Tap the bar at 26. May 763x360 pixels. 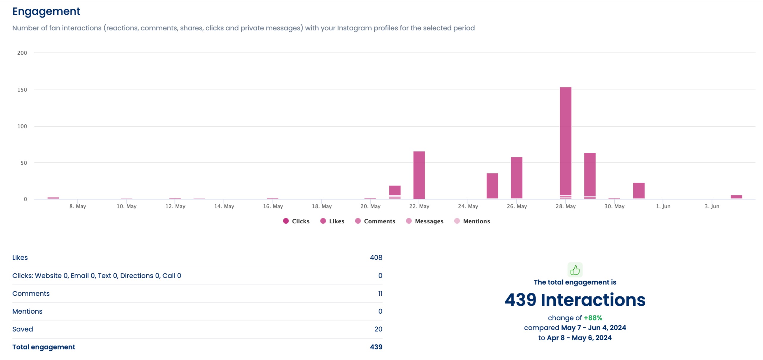click(x=516, y=177)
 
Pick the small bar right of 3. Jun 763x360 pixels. click(x=736, y=196)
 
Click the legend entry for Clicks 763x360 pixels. click(x=296, y=221)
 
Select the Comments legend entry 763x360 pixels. click(x=375, y=221)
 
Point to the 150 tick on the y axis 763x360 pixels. click(x=22, y=90)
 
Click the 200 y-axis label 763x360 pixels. click(x=22, y=53)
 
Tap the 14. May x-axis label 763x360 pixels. click(x=224, y=206)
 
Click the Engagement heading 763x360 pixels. click(x=46, y=11)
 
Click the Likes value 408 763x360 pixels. click(x=376, y=257)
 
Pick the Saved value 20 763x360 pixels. click(x=378, y=329)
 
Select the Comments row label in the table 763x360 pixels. click(x=31, y=293)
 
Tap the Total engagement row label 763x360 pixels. click(x=44, y=347)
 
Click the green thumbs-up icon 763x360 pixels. click(x=575, y=270)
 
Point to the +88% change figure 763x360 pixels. click(x=593, y=318)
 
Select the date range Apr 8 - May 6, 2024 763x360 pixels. click(x=579, y=338)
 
